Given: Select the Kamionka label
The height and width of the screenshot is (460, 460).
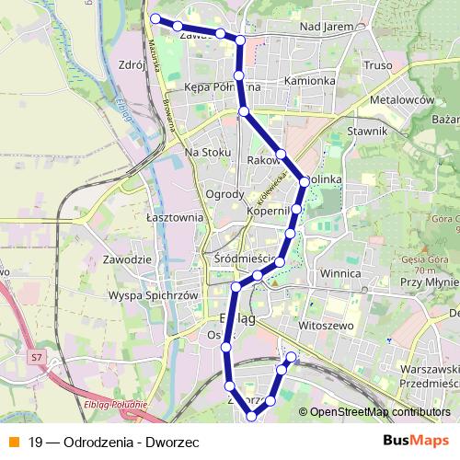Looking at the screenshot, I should point(309,80).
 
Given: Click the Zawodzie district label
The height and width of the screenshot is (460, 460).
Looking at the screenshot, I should point(127,260).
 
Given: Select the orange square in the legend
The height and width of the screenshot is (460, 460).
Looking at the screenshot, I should point(12,442).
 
